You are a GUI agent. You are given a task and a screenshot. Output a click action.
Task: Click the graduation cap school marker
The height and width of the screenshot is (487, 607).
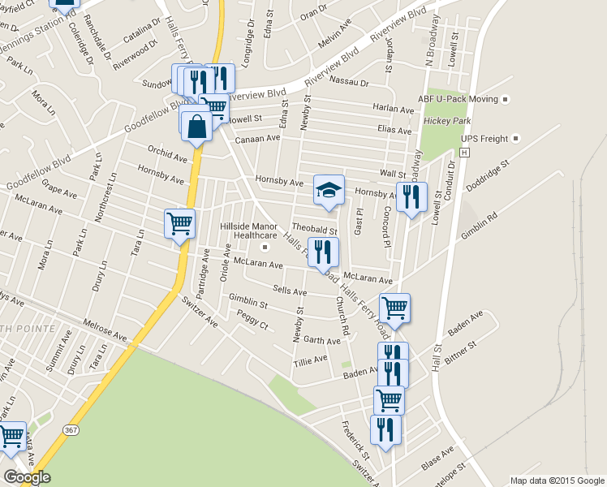(x=329, y=190)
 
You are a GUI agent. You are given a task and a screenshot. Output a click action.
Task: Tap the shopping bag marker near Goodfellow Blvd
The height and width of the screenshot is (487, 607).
(x=196, y=126)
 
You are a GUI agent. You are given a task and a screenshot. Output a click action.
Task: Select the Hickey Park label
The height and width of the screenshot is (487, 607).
(x=447, y=121)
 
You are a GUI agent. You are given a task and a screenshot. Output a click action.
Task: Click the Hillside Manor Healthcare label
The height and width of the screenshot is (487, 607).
(x=256, y=231)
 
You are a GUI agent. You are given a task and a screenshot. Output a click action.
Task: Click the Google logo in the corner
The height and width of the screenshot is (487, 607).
(x=26, y=477)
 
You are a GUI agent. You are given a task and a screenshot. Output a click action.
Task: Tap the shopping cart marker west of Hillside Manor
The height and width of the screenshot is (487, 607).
(x=179, y=223)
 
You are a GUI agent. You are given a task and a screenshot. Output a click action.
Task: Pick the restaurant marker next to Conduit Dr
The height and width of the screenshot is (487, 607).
(x=411, y=196)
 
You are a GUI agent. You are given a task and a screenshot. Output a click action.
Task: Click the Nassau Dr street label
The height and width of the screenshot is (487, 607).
(x=351, y=83)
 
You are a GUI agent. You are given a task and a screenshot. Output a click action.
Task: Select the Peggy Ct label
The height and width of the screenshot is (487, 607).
(x=252, y=318)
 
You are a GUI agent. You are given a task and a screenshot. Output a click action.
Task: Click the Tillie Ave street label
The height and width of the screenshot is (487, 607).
(x=311, y=358)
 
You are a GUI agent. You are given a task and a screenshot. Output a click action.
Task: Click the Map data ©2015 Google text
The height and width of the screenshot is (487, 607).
(x=557, y=481)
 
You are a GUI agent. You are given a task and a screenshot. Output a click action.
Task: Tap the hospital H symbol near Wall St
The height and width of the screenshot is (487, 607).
(x=464, y=152)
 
